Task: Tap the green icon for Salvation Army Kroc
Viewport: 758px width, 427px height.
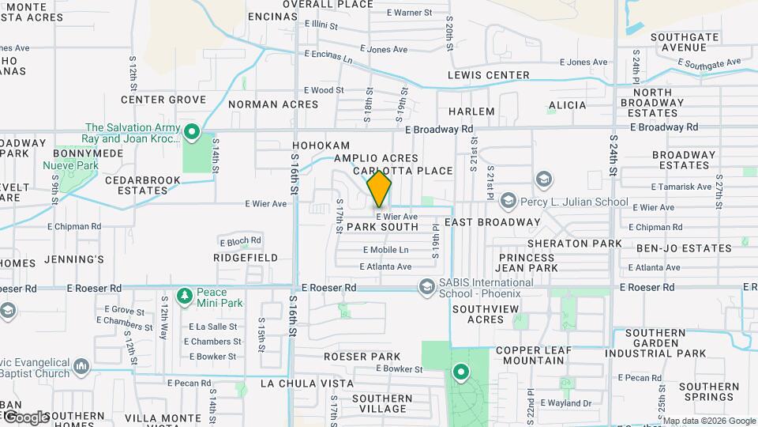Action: [x=191, y=130]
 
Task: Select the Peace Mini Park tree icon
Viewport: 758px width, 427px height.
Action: [x=184, y=296]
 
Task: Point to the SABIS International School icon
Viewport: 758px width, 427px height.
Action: [x=427, y=285]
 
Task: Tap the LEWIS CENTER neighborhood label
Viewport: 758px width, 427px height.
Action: [x=488, y=75]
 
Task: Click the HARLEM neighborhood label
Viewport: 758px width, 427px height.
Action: [x=471, y=111]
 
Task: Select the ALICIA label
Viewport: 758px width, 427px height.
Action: [x=567, y=105]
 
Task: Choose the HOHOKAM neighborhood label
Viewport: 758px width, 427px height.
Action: [x=321, y=146]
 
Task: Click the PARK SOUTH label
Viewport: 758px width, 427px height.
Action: [x=382, y=227]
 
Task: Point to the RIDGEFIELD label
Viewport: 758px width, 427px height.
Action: [x=246, y=258]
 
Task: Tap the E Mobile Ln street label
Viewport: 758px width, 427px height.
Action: [x=386, y=250]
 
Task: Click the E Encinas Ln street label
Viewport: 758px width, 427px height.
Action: [x=328, y=57]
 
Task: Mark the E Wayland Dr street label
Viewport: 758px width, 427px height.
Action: [x=564, y=403]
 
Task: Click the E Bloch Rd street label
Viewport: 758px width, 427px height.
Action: [x=241, y=241]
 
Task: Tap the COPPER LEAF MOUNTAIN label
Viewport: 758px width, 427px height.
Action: [x=530, y=355]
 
